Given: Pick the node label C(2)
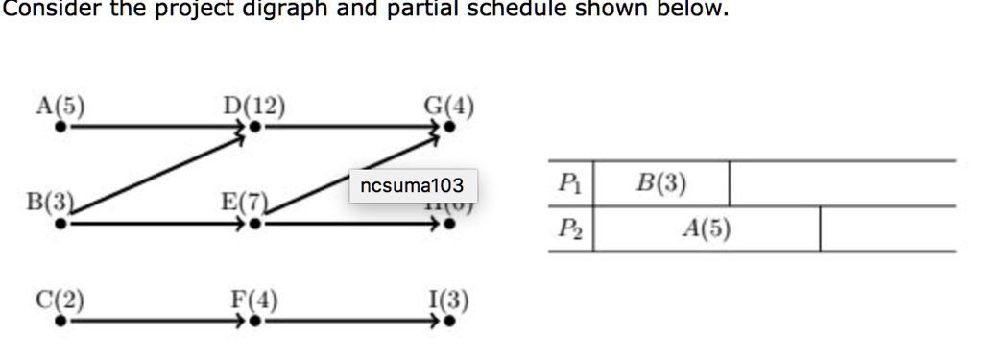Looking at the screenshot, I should [60, 299].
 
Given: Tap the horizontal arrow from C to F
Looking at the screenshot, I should [154, 322].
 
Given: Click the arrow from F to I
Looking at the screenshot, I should [350, 322].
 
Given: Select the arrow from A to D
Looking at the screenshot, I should [154, 126].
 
